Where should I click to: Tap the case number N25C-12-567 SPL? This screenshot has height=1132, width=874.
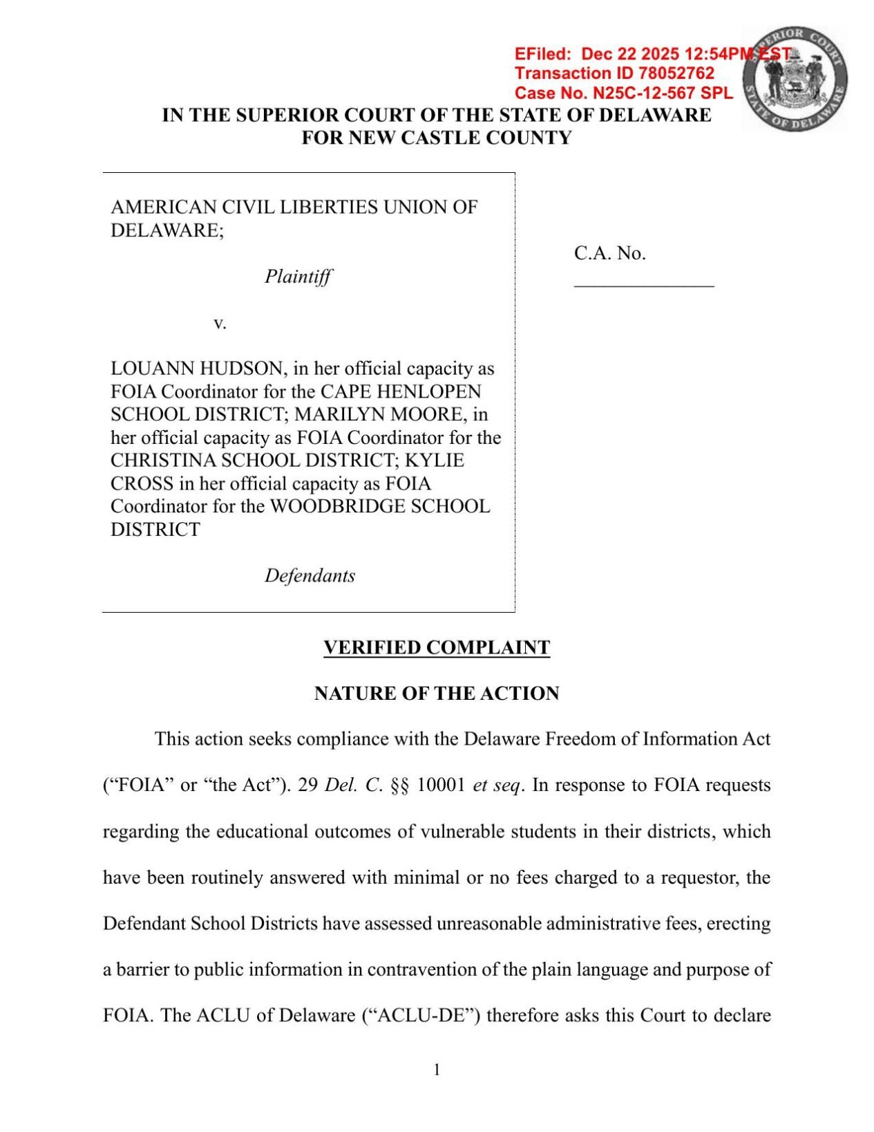[x=663, y=93]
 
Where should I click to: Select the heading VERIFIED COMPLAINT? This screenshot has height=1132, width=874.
[x=437, y=647]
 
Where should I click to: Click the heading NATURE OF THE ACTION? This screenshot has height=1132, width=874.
[x=437, y=693]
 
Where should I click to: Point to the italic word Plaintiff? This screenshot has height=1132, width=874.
[x=298, y=277]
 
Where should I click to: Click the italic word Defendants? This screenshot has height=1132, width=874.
[x=310, y=575]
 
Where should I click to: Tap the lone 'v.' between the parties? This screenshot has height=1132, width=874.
[x=220, y=323]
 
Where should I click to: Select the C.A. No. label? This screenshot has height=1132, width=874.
[x=609, y=253]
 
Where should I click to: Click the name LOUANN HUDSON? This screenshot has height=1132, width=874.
[x=197, y=369]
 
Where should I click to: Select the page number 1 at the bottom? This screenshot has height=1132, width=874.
[x=437, y=1070]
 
